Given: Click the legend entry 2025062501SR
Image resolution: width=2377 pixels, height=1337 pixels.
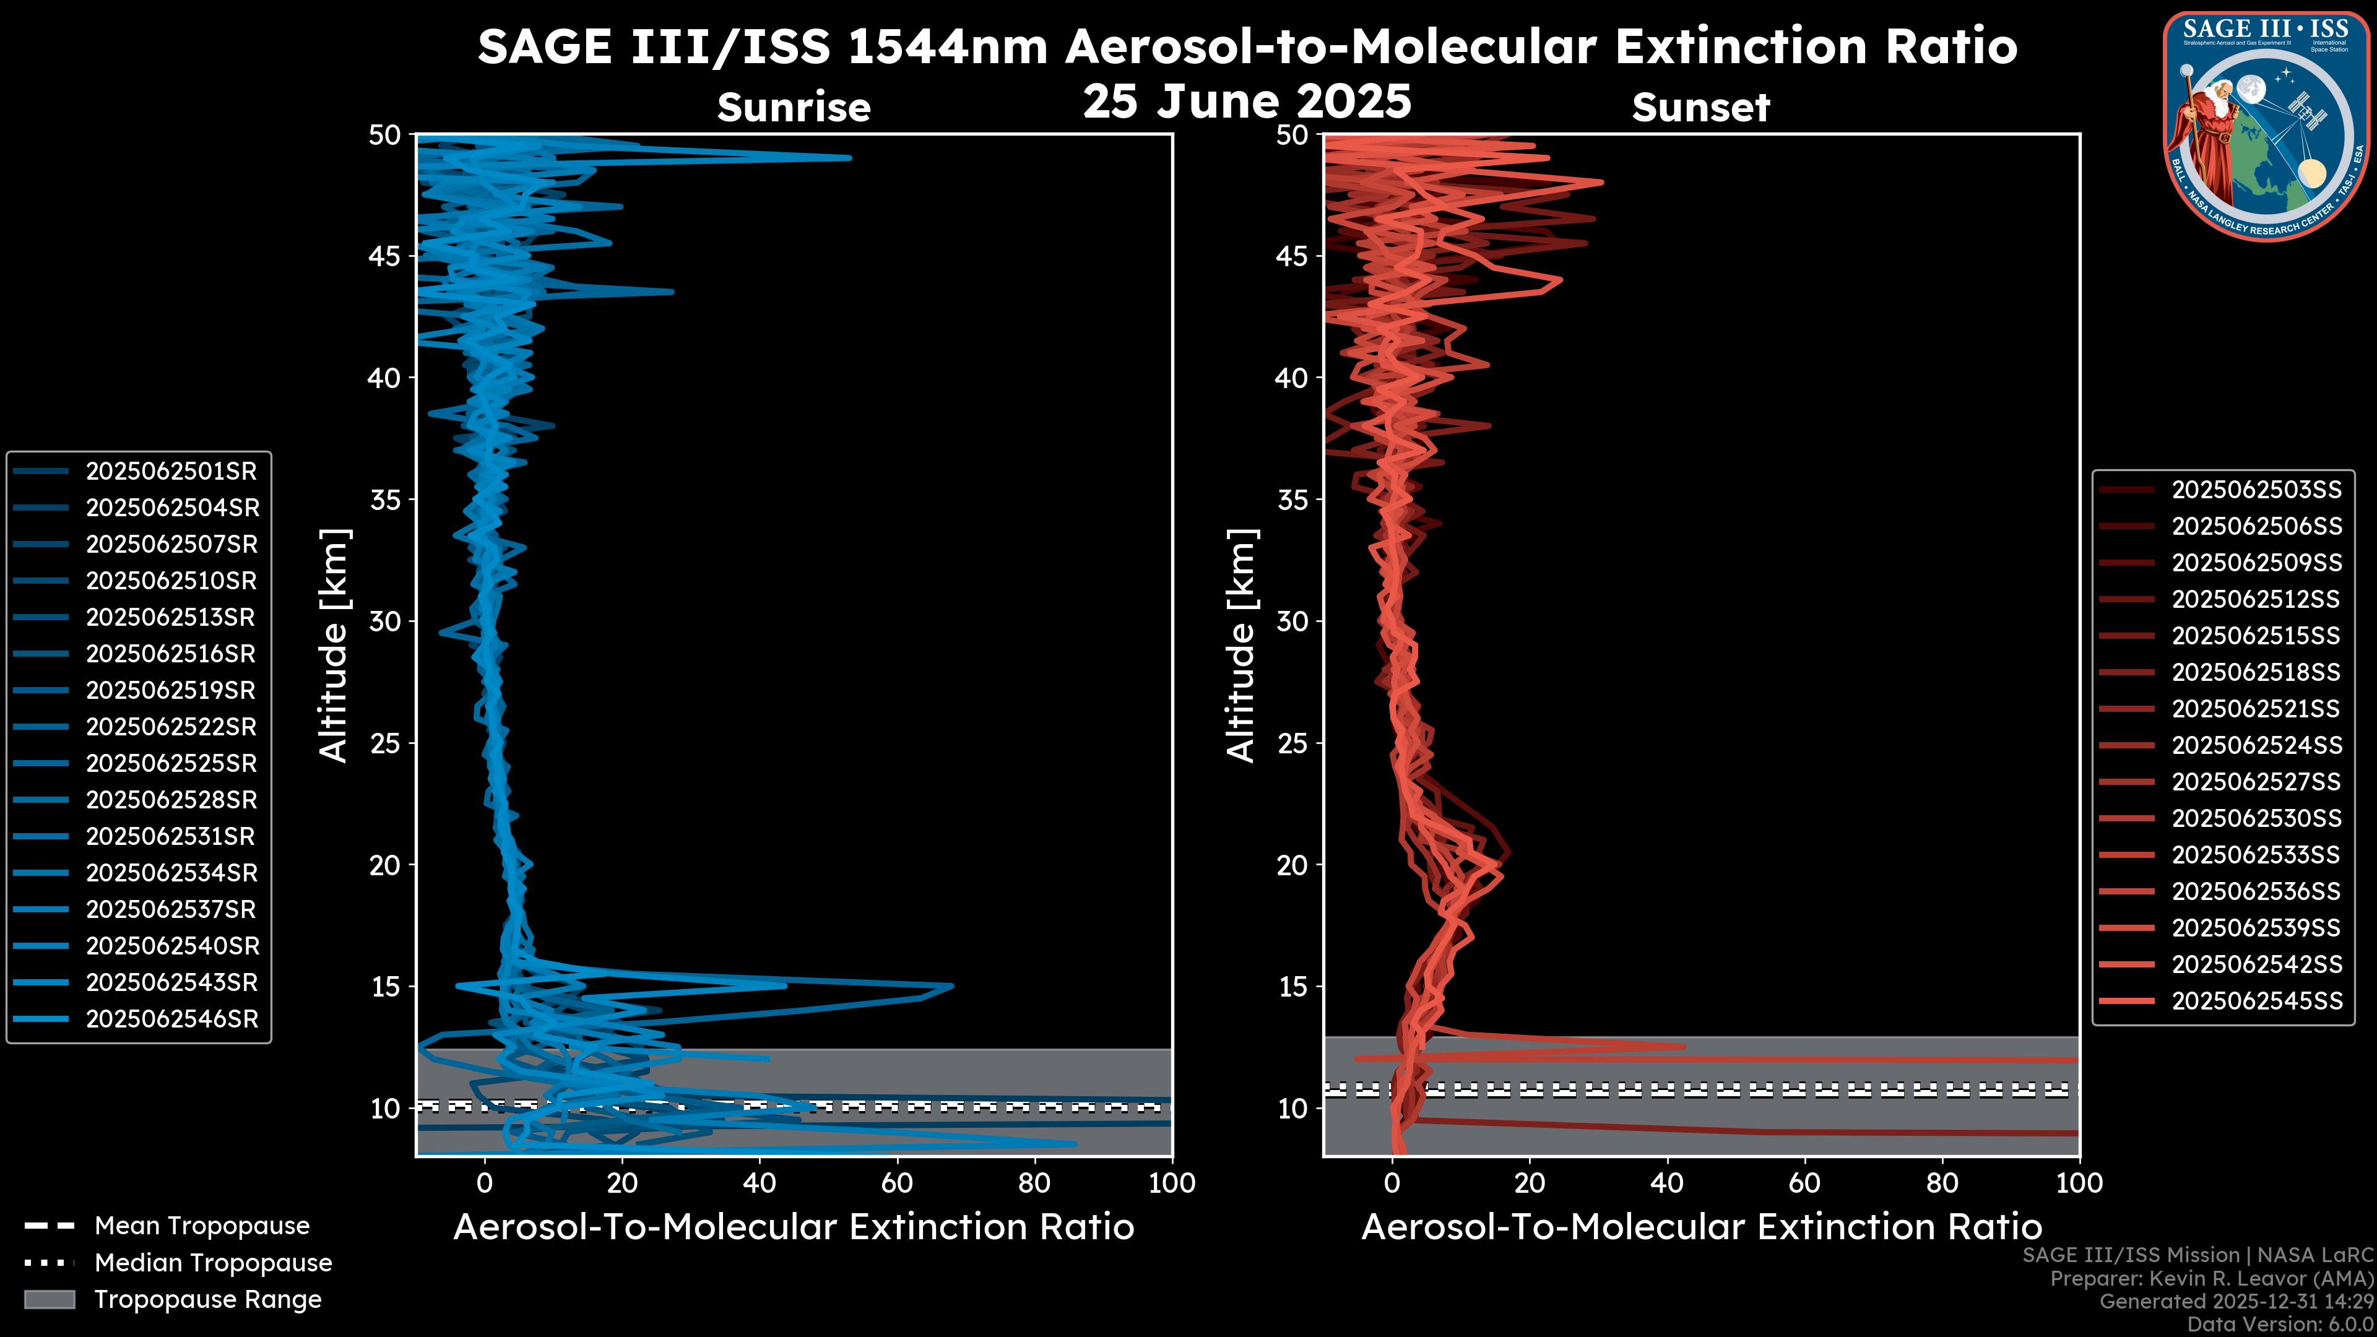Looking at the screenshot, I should (171, 472).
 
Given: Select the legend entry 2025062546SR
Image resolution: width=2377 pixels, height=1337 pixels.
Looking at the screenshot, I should (171, 1019).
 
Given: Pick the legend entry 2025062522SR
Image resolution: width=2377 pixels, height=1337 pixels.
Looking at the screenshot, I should (171, 727).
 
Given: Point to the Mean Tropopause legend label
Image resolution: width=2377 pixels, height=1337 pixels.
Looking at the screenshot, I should (202, 1226).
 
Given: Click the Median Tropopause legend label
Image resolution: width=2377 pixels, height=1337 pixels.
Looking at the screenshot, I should (213, 1263).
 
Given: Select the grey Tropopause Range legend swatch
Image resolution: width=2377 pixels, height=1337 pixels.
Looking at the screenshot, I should (49, 1300).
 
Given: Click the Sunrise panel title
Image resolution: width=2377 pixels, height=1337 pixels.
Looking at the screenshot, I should (794, 108).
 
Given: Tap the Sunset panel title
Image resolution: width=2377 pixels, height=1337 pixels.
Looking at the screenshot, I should (1700, 108).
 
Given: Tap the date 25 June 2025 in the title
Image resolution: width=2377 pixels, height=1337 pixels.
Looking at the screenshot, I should (1247, 102).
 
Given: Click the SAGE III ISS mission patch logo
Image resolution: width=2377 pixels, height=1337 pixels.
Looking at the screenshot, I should (2266, 126).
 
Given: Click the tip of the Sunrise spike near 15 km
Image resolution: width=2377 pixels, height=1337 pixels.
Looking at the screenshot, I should (952, 987).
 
